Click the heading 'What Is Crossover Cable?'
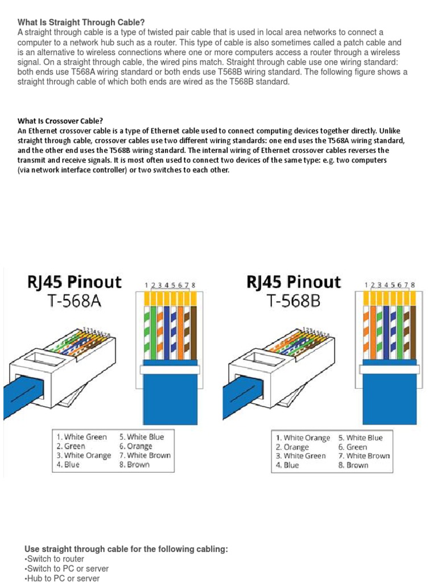click(60, 120)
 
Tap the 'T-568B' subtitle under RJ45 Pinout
click(292, 301)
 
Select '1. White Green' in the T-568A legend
click(81, 437)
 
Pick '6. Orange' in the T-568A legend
click(136, 446)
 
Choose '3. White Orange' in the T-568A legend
click(84, 455)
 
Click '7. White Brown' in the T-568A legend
click(145, 455)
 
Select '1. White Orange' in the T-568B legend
click(303, 438)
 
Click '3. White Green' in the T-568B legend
click(301, 456)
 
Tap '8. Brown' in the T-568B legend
click(353, 465)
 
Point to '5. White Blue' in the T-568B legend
click(361, 438)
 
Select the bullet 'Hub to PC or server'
click(61, 578)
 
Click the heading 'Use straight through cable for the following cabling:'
click(126, 549)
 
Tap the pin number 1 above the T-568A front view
click(146, 285)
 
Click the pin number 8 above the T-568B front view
click(413, 285)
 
